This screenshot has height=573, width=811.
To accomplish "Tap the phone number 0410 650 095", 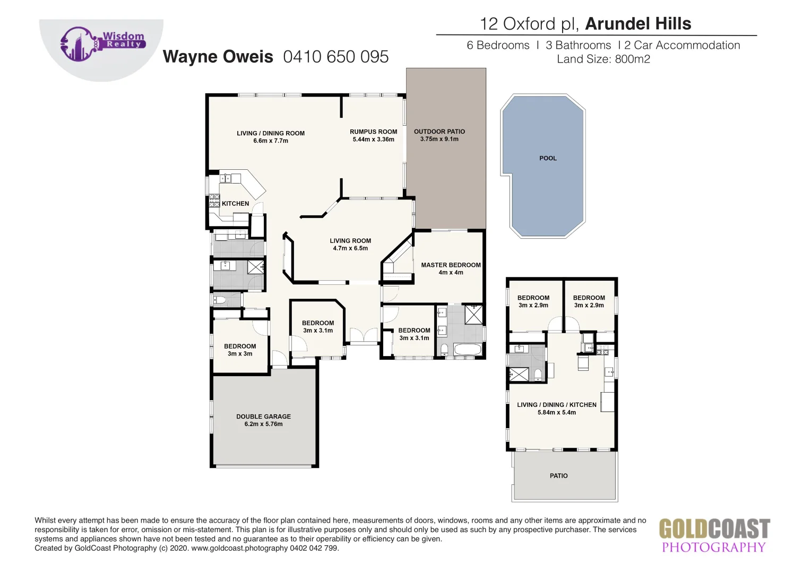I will [x=335, y=57].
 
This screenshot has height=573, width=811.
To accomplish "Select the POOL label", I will [x=548, y=158].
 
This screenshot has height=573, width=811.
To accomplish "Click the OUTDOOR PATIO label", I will [x=439, y=132].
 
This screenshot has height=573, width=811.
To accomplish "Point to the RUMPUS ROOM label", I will [x=373, y=132].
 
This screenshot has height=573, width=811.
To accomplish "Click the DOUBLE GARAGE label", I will [x=263, y=416].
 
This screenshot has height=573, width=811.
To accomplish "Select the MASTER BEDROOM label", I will [x=451, y=265].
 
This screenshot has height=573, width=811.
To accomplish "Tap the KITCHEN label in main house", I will [x=235, y=204].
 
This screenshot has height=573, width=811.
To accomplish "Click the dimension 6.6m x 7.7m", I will [x=271, y=141].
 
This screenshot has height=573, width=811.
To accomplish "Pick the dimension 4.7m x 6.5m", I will [x=350, y=248].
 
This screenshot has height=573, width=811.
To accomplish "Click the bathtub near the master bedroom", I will [x=468, y=350].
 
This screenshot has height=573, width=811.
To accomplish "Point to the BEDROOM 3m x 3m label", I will [x=240, y=346].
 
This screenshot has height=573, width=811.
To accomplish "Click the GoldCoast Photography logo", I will [x=714, y=536].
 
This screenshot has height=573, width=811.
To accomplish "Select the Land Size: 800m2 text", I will [x=603, y=59].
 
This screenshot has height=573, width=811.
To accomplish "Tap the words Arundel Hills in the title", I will [x=638, y=24].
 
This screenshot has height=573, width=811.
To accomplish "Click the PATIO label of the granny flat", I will [x=558, y=476].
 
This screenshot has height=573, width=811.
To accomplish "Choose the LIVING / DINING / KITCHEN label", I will [x=556, y=405].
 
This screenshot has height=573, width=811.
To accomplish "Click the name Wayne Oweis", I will [x=218, y=57].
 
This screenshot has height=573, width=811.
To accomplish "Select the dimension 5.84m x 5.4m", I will [x=556, y=413].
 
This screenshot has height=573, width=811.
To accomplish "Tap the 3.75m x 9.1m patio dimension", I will [x=439, y=140].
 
